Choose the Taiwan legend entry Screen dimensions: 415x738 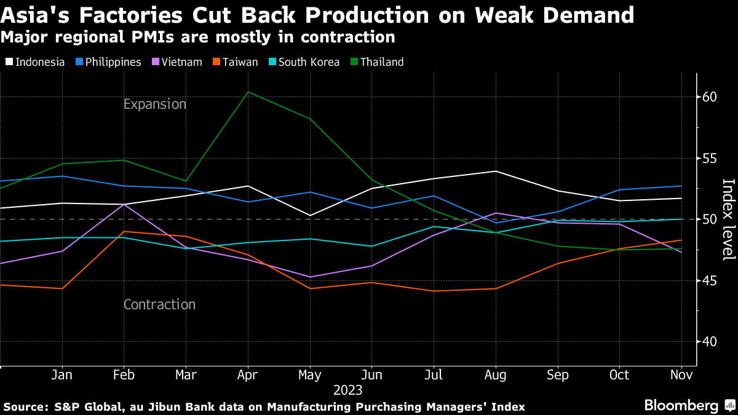click(237, 62)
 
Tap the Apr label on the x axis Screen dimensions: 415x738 click(247, 375)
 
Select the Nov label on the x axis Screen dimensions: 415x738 click(681, 375)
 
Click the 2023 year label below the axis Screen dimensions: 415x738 click(347, 390)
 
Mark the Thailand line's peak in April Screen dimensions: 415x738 click(247, 92)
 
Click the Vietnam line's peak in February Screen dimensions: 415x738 click(124, 204)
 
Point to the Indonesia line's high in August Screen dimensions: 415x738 click(496, 171)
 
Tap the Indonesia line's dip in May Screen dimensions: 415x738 click(310, 216)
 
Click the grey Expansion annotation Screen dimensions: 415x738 click(154, 105)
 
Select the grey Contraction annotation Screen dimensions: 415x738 click(159, 304)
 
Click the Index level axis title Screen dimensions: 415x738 click(728, 219)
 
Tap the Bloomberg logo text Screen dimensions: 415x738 click(681, 406)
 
